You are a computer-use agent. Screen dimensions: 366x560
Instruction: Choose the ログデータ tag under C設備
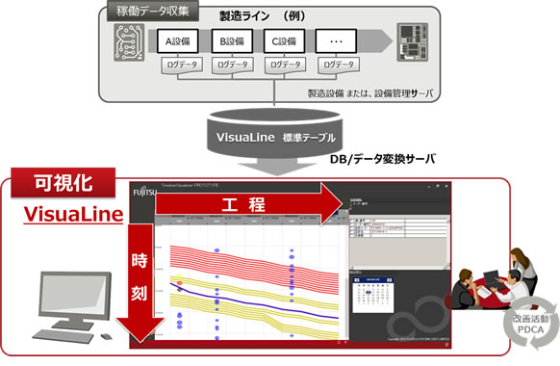[290, 65]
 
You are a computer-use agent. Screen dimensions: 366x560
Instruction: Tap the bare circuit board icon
[125, 42]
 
